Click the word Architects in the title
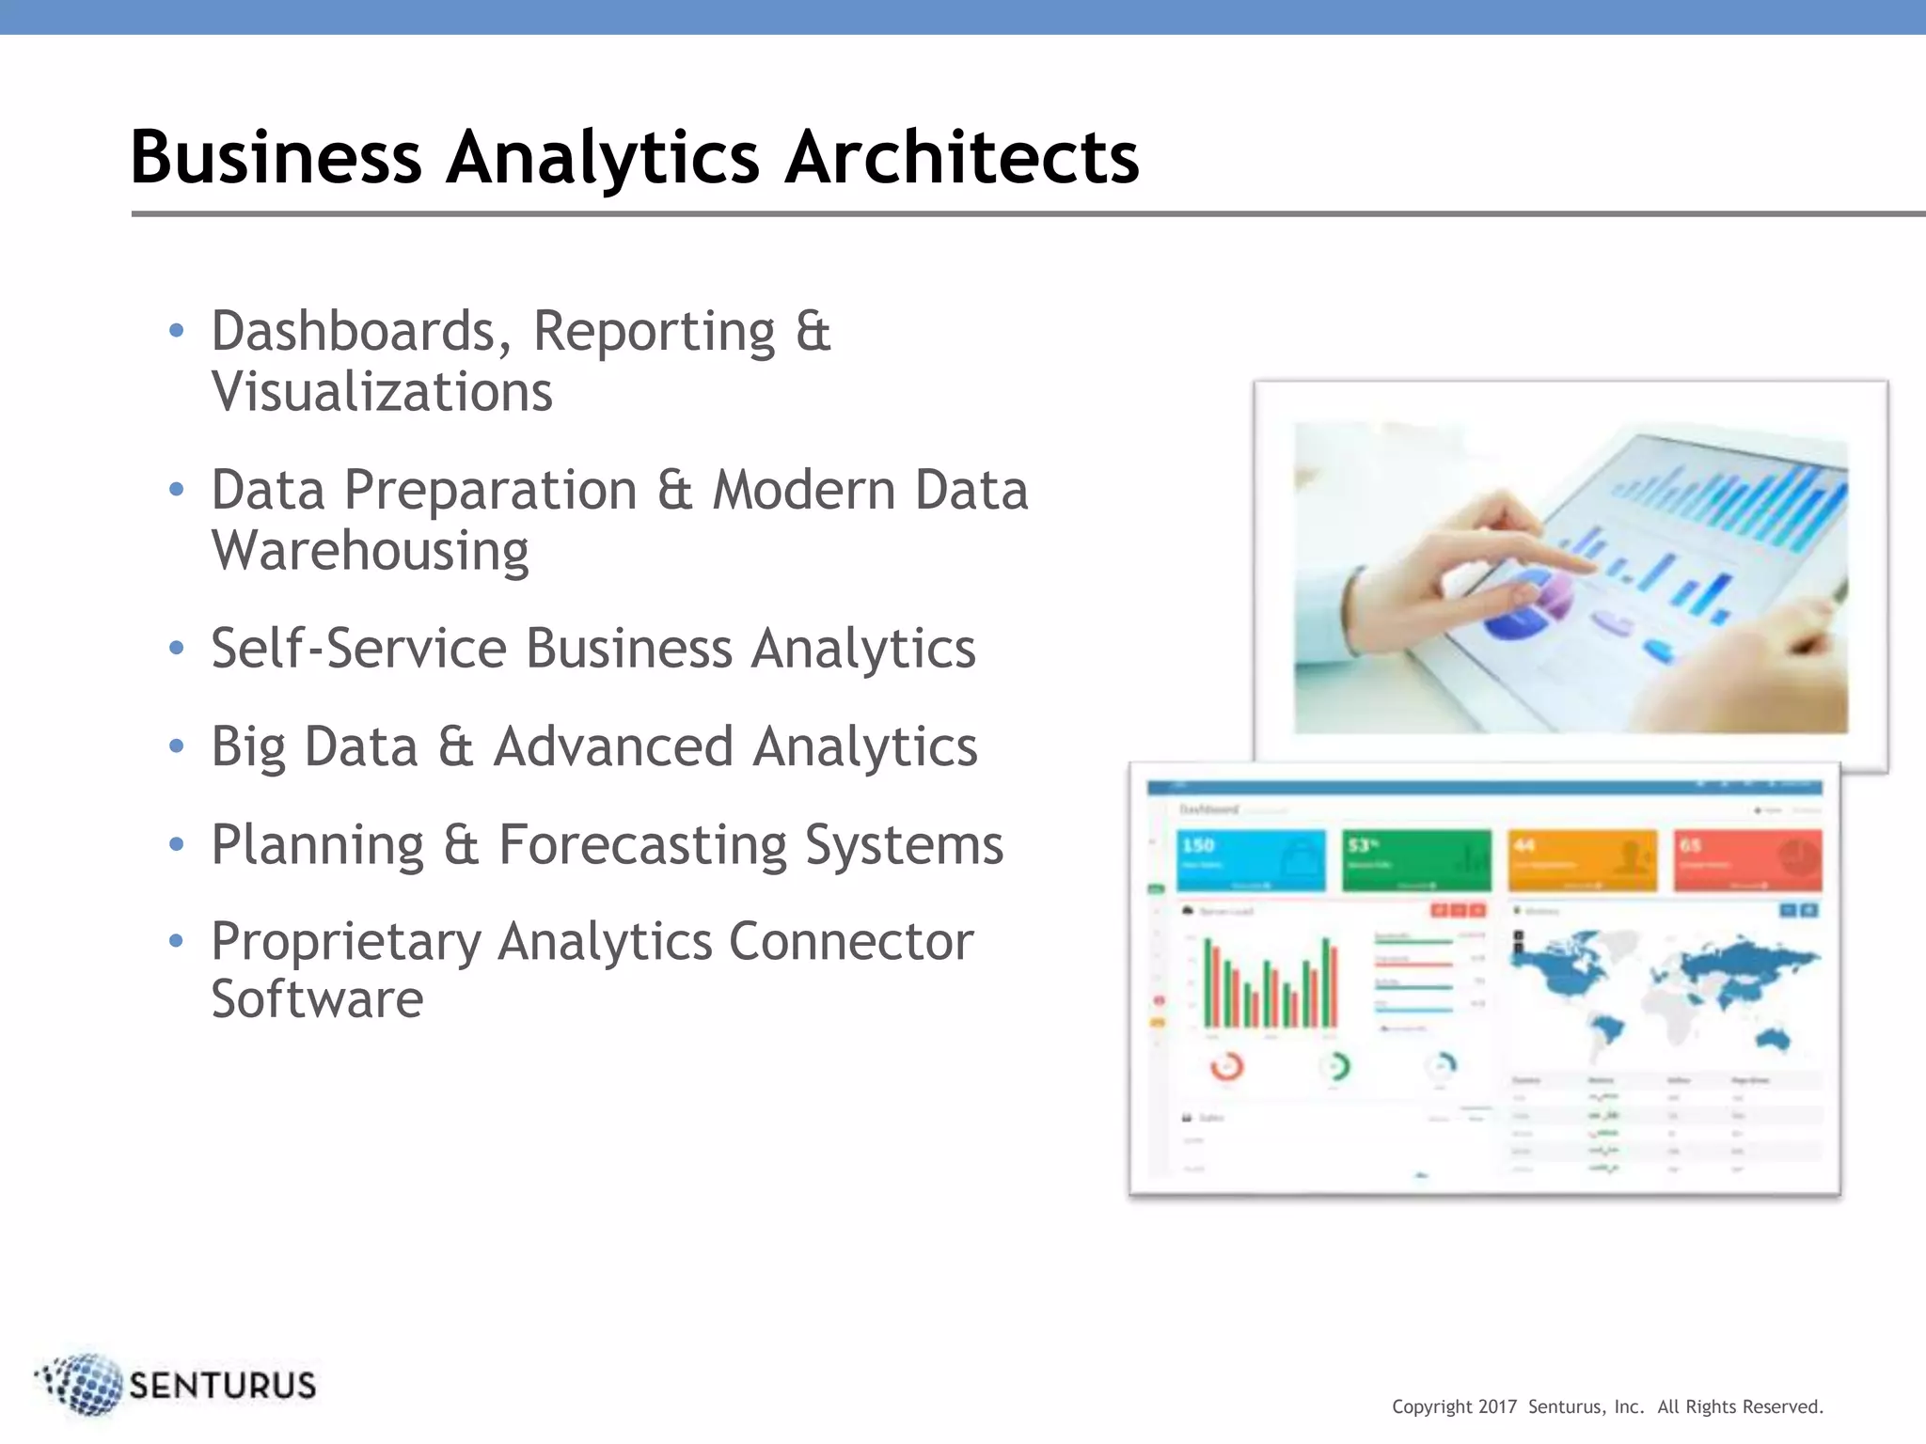[x=961, y=157]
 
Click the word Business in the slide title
[x=276, y=157]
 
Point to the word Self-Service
[x=358, y=649]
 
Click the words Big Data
[x=314, y=747]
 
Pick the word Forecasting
[x=641, y=845]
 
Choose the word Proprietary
[x=345, y=942]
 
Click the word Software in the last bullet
[x=317, y=999]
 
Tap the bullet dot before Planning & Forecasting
[x=176, y=844]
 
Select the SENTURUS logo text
[x=222, y=1386]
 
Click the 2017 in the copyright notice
[x=1497, y=1407]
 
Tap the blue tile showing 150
[x=1250, y=859]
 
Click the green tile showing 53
[x=1415, y=859]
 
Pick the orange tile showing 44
[x=1582, y=859]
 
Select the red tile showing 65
[x=1747, y=859]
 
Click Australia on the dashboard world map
[x=1774, y=1039]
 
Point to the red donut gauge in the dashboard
[x=1226, y=1067]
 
